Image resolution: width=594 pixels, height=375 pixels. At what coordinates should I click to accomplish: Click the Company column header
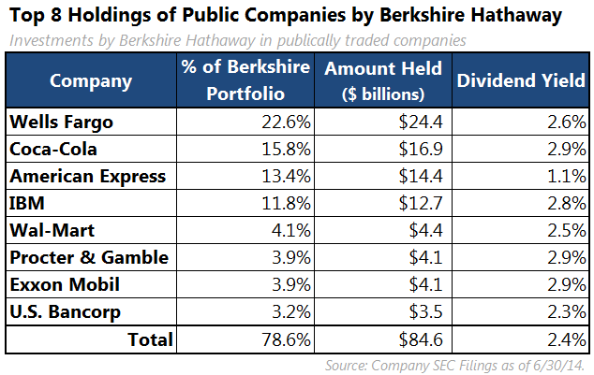(x=90, y=81)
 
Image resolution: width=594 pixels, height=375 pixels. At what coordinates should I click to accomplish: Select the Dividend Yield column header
(x=518, y=81)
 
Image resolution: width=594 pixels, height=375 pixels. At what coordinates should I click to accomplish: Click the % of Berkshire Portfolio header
(x=243, y=81)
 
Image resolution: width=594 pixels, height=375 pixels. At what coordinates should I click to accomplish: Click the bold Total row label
(x=151, y=339)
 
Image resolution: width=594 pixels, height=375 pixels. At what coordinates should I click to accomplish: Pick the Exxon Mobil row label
(x=55, y=284)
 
